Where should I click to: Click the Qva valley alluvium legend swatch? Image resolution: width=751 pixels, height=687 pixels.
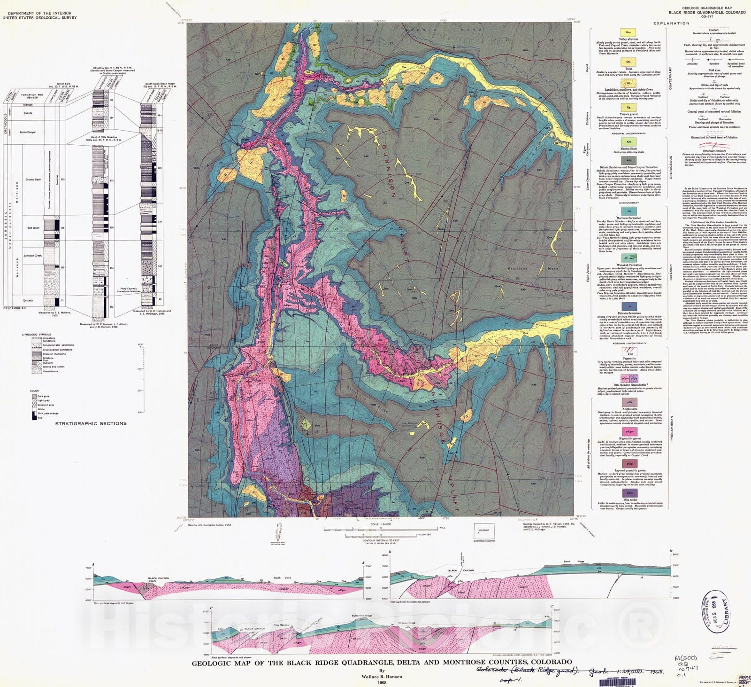click(x=628, y=32)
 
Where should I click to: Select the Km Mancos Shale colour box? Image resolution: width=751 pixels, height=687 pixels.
click(x=629, y=141)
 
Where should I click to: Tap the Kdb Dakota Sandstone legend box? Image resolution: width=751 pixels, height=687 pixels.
click(x=629, y=160)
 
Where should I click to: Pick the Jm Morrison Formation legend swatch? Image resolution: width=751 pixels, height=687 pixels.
click(x=629, y=211)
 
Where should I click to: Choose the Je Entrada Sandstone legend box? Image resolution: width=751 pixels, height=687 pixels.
click(x=629, y=306)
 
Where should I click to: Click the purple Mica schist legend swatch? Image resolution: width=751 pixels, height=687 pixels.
click(x=629, y=492)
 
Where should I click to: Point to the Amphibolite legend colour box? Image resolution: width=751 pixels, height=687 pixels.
click(x=629, y=403)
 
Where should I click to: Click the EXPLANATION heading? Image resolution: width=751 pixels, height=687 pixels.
click(x=671, y=23)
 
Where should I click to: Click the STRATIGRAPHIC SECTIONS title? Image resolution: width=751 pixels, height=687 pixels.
click(x=91, y=423)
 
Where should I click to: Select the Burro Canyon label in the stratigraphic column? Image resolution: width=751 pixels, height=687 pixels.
click(x=28, y=132)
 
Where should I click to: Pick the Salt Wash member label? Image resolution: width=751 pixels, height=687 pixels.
click(x=33, y=228)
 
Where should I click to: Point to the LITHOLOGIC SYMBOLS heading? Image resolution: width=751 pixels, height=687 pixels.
click(x=36, y=335)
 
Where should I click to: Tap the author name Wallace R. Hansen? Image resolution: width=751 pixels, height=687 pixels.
click(x=382, y=677)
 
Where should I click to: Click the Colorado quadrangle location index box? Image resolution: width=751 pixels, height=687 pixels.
click(x=483, y=531)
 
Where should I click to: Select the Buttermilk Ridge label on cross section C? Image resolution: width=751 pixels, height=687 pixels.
click(x=361, y=616)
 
